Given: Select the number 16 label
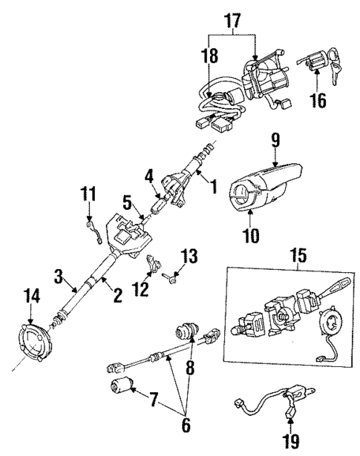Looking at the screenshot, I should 317,99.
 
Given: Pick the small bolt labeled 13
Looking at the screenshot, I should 171,278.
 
